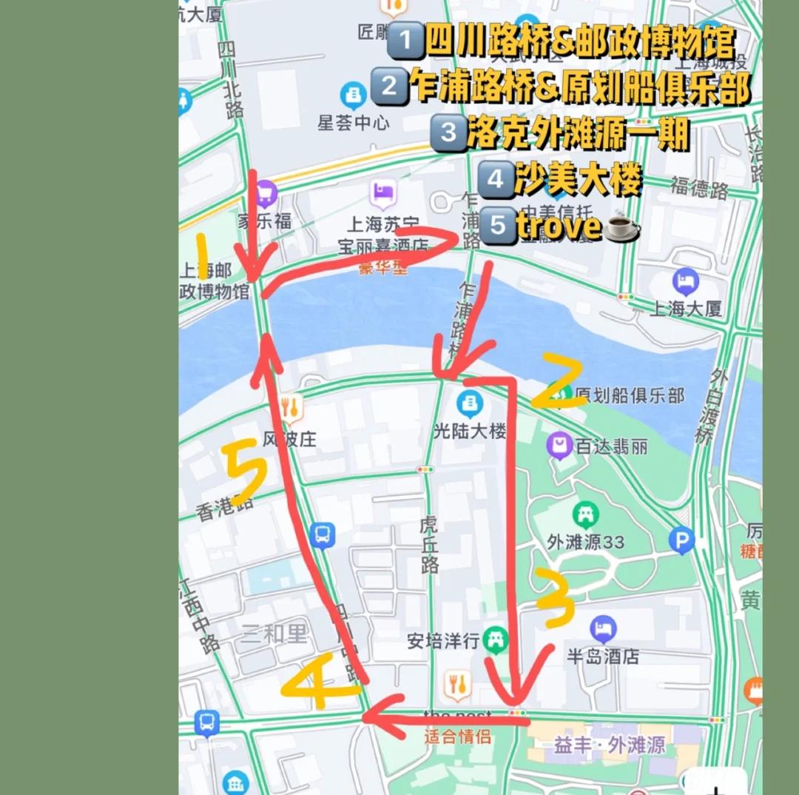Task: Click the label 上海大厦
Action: [685, 309]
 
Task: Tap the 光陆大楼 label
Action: [470, 431]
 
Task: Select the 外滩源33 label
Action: [585, 542]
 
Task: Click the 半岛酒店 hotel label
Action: [603, 655]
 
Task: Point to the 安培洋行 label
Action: [443, 640]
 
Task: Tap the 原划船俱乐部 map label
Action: [630, 395]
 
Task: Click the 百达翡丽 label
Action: [612, 446]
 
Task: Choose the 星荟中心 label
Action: [353, 122]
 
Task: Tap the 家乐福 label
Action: [264, 220]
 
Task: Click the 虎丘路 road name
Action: [428, 545]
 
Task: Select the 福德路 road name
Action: [700, 188]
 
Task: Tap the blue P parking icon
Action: [681, 541]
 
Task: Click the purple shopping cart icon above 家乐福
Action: [266, 195]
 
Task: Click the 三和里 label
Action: [274, 634]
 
